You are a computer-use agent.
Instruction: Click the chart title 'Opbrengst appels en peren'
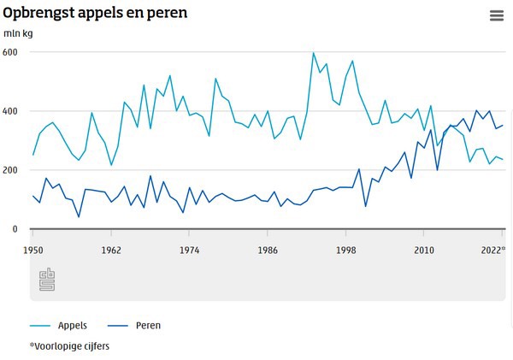click(95, 14)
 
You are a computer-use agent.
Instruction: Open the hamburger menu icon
click(497, 15)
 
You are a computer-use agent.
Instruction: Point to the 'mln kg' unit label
click(17, 34)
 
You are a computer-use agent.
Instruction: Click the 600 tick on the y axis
click(10, 52)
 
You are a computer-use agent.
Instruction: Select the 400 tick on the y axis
click(10, 111)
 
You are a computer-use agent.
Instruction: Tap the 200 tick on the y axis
click(10, 170)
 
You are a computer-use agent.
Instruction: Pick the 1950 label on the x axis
click(33, 251)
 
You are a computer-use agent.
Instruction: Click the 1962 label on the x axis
click(111, 251)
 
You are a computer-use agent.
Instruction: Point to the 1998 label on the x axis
click(345, 251)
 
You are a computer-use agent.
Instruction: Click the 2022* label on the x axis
click(492, 251)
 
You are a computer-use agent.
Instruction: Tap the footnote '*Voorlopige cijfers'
click(69, 346)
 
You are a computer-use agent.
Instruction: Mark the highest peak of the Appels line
click(314, 53)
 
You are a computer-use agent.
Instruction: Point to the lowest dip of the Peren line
click(79, 217)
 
